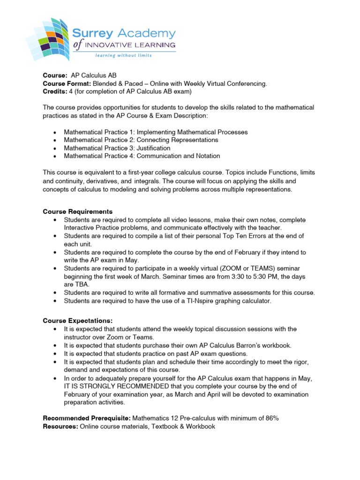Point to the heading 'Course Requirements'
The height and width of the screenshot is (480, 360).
point(78,211)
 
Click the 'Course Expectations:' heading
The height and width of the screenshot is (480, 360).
point(78,321)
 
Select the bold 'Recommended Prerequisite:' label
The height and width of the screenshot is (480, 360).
point(87,418)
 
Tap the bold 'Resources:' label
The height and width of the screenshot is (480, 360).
point(60,426)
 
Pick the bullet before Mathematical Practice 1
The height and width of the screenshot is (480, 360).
point(56,132)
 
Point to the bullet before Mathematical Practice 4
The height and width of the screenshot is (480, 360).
point(56,156)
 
